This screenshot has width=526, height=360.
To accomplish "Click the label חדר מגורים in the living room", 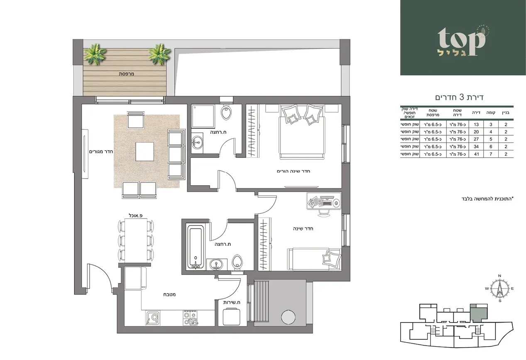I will point(101,152).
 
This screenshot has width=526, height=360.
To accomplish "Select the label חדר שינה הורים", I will point(294,171).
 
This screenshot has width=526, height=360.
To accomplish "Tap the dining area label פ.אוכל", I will point(136,215).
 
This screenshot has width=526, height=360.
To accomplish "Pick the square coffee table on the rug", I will point(144,152).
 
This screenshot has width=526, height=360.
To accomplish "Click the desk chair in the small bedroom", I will point(324,213).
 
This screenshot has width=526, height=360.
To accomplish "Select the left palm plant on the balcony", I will point(95,55).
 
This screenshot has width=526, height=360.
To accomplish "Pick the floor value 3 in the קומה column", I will point(490,124).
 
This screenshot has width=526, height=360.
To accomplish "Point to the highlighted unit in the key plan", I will point(478,311).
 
